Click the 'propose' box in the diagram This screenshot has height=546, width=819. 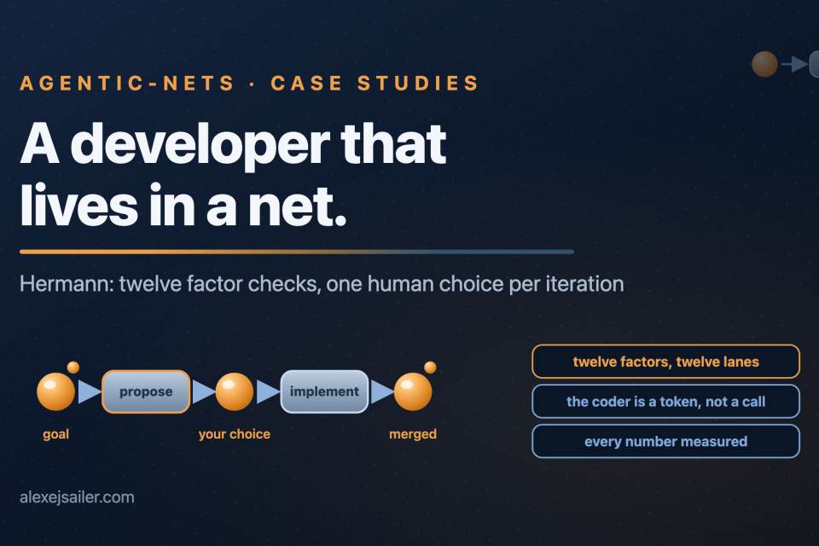(146, 392)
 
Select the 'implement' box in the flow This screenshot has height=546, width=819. (324, 392)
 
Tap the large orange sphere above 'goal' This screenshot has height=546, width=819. (56, 392)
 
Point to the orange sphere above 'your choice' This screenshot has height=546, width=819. (235, 392)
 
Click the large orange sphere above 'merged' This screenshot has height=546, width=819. (413, 392)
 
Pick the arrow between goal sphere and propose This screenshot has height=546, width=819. (90, 392)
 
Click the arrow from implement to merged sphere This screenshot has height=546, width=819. (382, 392)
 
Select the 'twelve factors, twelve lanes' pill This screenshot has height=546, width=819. (666, 362)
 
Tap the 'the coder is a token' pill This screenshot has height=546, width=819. (666, 401)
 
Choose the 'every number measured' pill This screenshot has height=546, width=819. (666, 442)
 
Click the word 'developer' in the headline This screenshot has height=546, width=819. (200, 145)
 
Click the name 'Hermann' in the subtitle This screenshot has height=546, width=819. (67, 284)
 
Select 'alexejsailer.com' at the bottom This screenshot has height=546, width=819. (77, 497)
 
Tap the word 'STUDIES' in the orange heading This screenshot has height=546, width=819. (418, 83)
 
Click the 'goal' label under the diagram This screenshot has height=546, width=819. (56, 434)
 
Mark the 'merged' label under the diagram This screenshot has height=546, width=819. (413, 434)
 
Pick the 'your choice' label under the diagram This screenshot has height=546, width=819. (235, 434)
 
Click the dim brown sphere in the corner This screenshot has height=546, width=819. (764, 64)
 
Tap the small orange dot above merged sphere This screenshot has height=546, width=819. (430, 368)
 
